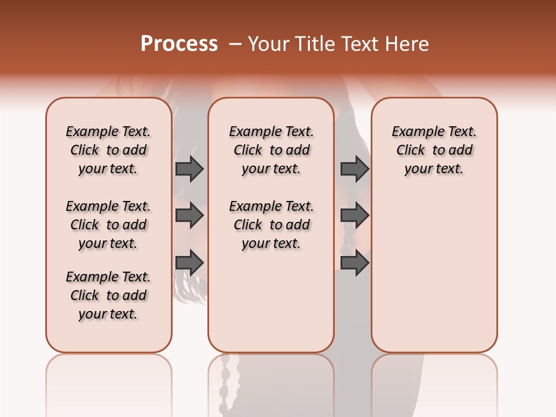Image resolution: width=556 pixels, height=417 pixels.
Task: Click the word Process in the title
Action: tap(179, 44)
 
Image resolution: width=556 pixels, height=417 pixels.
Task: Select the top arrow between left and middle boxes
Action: tap(189, 169)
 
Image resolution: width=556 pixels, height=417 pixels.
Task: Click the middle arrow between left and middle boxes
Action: tap(189, 215)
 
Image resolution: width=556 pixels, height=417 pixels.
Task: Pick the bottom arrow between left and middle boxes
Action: tap(189, 263)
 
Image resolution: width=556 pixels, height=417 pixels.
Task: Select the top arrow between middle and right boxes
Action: tap(354, 169)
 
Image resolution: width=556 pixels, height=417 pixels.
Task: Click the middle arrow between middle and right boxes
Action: tap(354, 215)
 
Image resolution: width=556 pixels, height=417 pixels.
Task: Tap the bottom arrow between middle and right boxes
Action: tap(354, 263)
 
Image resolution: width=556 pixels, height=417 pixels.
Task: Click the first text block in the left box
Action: tap(108, 150)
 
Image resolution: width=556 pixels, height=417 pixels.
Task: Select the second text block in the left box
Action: tap(108, 225)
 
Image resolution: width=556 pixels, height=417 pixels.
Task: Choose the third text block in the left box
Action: tap(108, 295)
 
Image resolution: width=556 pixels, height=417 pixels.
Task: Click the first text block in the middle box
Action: tap(271, 150)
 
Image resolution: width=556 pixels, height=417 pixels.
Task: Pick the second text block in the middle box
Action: tap(271, 225)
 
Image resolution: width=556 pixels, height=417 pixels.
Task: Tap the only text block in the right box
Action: tap(434, 150)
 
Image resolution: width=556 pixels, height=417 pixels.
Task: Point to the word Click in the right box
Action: tap(411, 150)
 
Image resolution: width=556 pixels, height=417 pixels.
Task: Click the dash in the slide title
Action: tap(235, 44)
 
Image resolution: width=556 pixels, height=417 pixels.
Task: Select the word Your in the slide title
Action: tap(267, 44)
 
